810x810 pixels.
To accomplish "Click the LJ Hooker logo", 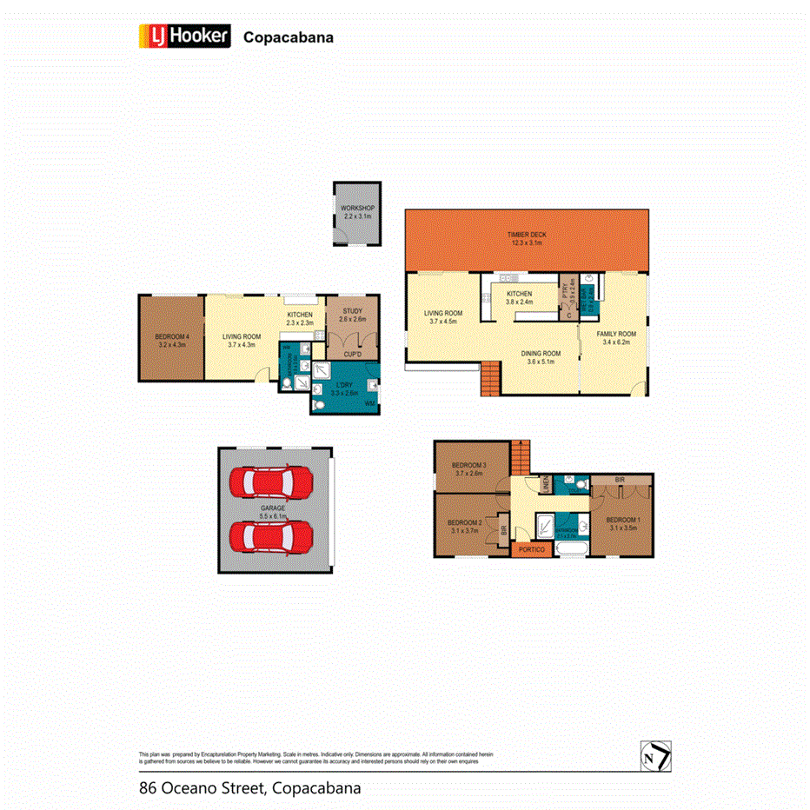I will (x=184, y=36).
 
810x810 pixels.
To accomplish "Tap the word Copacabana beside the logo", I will (x=288, y=37).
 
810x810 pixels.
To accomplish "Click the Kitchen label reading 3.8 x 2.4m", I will (x=519, y=298).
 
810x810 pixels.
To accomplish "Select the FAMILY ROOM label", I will (x=615, y=337).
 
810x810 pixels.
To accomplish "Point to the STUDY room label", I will (x=352, y=315).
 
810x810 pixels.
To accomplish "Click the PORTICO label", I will (x=531, y=549).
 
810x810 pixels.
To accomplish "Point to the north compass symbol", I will (x=655, y=756).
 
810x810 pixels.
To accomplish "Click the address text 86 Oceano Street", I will (x=202, y=788).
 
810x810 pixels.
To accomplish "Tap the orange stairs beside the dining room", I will (x=490, y=379).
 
